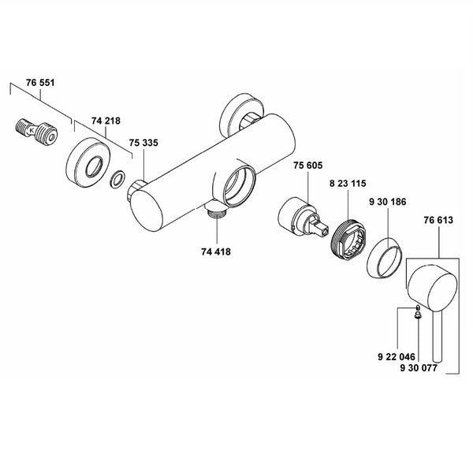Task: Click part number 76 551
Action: tap(40, 83)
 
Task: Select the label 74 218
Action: tap(106, 121)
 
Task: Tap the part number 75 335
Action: tap(143, 143)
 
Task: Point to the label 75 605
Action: tap(308, 166)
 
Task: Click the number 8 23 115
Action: tap(348, 184)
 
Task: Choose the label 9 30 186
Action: tap(388, 202)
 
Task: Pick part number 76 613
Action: tap(438, 220)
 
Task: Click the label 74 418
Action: tap(216, 251)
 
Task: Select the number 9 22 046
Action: tap(397, 357)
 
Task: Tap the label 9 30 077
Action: tap(419, 368)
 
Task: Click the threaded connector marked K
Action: tap(36, 132)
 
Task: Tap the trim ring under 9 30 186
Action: tap(385, 259)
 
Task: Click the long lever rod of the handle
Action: tap(437, 336)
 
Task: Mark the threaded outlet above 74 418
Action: tap(215, 210)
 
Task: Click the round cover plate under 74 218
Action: tap(88, 163)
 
